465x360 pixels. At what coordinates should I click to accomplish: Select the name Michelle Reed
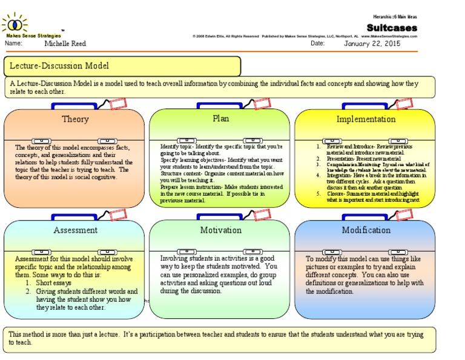point(64,44)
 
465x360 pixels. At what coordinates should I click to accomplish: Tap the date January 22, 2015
point(372,44)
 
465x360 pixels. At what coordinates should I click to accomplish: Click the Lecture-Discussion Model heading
point(58,66)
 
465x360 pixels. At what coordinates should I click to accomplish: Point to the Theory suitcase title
point(75,119)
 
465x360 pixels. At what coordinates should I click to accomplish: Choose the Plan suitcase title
point(220,118)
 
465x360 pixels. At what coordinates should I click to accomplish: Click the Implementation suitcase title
point(366,119)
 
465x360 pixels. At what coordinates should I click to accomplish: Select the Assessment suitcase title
point(75,230)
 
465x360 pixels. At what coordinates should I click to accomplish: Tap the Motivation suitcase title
point(220,230)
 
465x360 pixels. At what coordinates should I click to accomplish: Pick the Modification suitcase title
point(366,230)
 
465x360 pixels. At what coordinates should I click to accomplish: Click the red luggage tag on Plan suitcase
point(262,104)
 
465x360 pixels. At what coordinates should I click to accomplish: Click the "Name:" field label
point(13,44)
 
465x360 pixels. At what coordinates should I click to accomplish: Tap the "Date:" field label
point(318,44)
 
